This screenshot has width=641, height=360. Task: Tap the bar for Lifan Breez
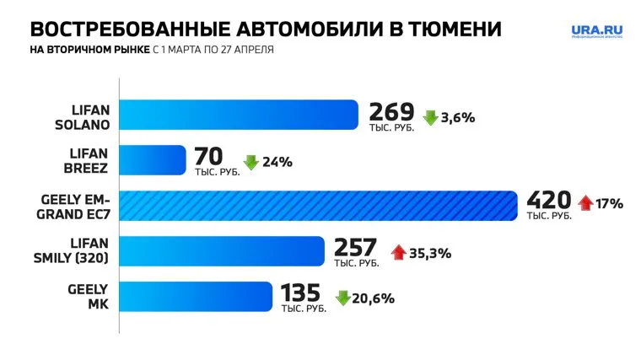pos(152,159)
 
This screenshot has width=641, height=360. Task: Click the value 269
pos(391,111)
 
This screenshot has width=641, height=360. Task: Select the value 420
pos(549,201)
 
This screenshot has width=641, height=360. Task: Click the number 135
pos(301,293)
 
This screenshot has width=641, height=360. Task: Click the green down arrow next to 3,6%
pos(430,118)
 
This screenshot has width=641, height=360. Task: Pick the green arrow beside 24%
pos(251,163)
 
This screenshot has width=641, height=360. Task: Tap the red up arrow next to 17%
pos(587,203)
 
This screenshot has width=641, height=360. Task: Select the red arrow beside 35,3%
pos(398,251)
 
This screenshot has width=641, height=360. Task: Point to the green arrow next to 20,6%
pos(343,298)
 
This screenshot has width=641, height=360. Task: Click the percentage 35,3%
pos(431,251)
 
